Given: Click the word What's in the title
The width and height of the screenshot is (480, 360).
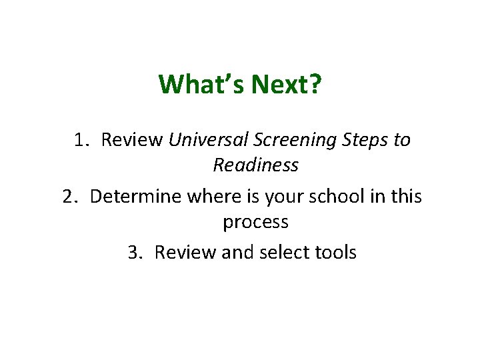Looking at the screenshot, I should tap(201, 85).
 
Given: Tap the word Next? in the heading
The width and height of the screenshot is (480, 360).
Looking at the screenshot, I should tap(286, 85).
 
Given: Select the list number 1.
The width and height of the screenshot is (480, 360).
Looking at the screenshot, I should tap(82, 140).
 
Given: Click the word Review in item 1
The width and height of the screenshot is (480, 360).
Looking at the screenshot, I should tap(133, 140).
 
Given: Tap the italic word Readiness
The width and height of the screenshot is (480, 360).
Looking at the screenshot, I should tap(255, 165).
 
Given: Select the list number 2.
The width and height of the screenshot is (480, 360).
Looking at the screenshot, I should tap(70, 197).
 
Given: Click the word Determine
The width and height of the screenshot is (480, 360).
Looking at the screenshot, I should tap(135, 197).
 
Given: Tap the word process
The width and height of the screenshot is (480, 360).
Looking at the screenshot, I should tap(255, 222).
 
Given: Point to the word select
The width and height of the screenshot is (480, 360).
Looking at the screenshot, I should tap(284, 253).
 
